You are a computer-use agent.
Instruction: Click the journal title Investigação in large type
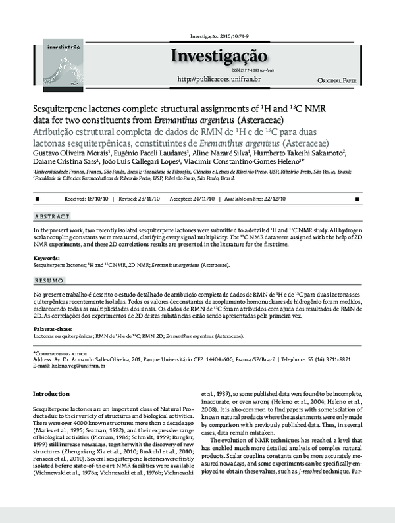219,56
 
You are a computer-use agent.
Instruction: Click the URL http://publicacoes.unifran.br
219,80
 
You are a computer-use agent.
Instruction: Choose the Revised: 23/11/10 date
141,198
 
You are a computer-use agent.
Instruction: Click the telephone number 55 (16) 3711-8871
332,360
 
